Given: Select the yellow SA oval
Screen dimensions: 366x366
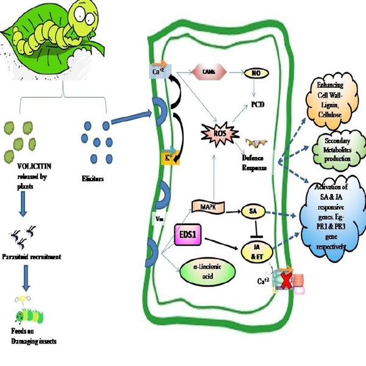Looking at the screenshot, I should pyautogui.click(x=251, y=210).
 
